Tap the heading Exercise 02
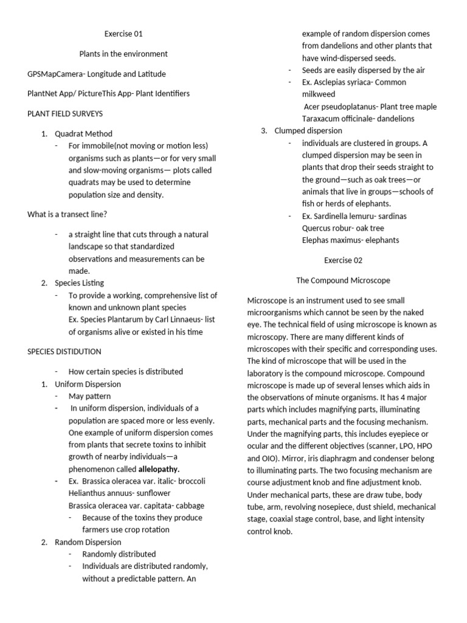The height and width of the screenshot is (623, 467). [x=342, y=260]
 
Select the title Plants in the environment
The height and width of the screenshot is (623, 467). [x=123, y=54]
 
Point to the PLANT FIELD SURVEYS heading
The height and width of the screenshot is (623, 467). [x=64, y=113]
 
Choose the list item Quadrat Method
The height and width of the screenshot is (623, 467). [x=83, y=133]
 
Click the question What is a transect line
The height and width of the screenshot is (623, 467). [x=67, y=214]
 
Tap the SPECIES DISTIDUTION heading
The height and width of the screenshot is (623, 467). [x=64, y=352]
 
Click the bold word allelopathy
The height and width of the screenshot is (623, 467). [x=159, y=469]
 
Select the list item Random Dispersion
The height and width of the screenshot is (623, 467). [x=88, y=541]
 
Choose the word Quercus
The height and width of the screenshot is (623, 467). [x=317, y=228]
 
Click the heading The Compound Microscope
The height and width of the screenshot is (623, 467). [x=343, y=280]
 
